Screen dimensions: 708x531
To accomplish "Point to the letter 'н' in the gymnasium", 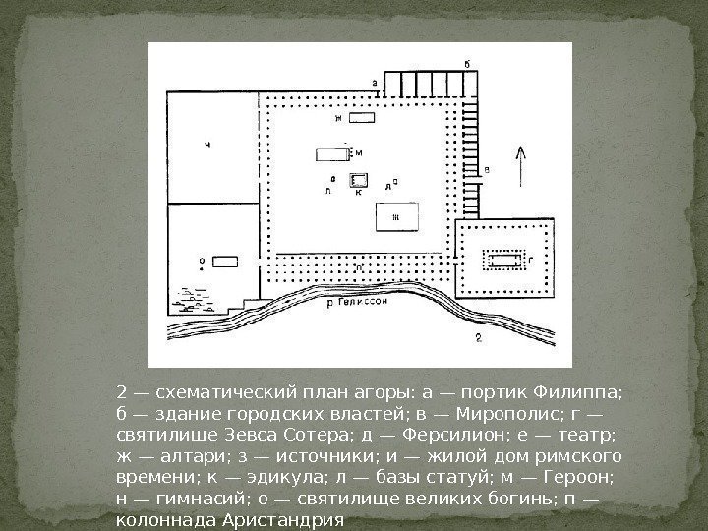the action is click(x=207, y=145).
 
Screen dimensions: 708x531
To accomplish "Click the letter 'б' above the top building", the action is click(x=467, y=63).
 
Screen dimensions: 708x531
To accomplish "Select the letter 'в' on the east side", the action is click(x=488, y=170).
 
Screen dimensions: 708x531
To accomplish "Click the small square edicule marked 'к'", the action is click(x=359, y=180).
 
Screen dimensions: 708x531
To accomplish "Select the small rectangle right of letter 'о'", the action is click(x=225, y=262).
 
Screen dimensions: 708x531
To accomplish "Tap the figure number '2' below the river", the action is click(x=477, y=338).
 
